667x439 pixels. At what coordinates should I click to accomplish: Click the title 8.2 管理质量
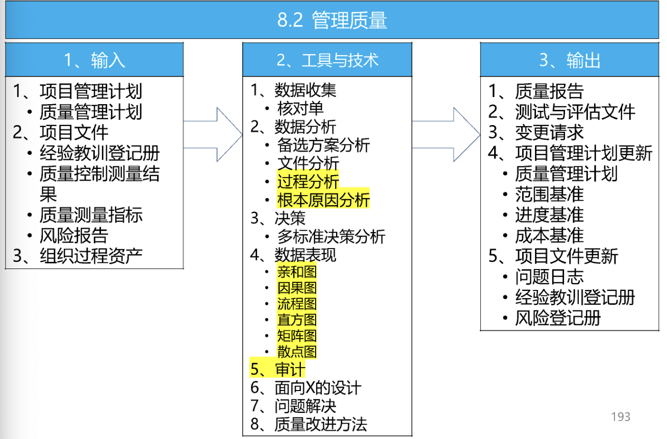coord(332,20)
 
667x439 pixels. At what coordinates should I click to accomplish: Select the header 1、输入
coord(94,60)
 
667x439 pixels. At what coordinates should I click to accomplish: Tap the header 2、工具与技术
coord(327,60)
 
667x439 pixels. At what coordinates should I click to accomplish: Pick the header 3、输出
coord(570,60)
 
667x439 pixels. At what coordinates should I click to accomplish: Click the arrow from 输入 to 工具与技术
coord(213,134)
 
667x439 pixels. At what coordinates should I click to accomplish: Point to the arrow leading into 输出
coord(446,134)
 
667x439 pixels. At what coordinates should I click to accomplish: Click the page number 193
coord(621,417)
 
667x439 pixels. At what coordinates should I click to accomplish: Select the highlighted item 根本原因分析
coord(323,200)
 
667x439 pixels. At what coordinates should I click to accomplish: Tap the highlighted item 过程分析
coord(308,181)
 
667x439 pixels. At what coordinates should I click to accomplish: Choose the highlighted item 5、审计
coord(277,369)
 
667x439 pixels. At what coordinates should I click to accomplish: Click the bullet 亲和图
coord(297,272)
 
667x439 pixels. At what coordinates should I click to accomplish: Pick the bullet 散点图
coord(297,352)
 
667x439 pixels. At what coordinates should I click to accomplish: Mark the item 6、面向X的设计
coord(306,387)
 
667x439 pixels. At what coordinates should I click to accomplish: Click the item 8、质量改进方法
coord(309,424)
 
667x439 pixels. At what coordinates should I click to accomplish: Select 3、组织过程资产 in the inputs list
coord(78,256)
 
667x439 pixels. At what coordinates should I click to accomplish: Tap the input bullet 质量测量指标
coord(91,214)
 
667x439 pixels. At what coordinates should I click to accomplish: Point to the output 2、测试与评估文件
coord(561,112)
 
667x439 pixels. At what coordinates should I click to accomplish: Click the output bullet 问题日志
coord(549,276)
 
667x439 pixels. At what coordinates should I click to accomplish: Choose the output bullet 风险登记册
coord(558,318)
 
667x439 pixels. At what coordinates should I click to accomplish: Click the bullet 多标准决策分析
coord(331,236)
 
